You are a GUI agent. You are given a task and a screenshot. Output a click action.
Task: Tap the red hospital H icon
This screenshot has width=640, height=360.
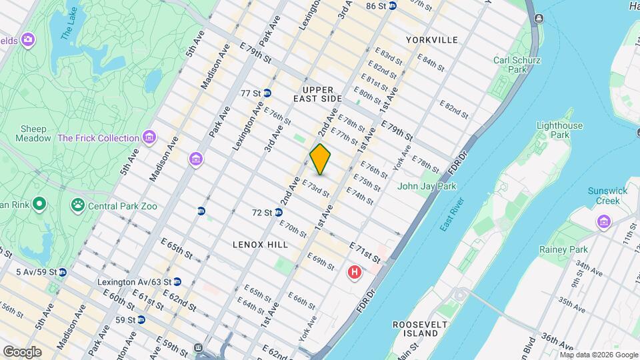[355, 272]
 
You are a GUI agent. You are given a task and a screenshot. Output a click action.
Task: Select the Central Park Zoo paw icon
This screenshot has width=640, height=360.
[79, 205]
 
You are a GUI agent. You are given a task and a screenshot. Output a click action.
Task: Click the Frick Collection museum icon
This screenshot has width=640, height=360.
[149, 138]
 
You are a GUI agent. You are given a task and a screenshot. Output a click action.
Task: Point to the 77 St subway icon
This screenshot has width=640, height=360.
[267, 93]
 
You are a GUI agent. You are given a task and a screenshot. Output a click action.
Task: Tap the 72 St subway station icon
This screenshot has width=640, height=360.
[277, 213]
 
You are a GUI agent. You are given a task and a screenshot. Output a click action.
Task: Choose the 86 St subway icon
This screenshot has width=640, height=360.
[393, 6]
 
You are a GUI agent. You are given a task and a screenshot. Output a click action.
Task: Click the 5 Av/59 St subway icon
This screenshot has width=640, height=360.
[62, 272]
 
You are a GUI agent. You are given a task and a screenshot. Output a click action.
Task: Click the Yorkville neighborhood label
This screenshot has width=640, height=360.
[432, 40]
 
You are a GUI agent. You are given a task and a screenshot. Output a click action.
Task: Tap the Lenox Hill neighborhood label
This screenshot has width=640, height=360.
[261, 245]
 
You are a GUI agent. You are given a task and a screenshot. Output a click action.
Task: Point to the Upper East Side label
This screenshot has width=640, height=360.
[317, 93]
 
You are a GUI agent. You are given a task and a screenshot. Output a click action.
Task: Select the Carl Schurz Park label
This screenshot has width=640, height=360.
[517, 65]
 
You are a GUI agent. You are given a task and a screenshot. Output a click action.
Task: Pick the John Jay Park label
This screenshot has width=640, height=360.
[427, 187]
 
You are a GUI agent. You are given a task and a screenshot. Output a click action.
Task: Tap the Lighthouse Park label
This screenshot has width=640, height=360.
[559, 130]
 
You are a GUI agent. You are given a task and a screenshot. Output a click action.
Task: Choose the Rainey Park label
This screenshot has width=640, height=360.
[563, 249]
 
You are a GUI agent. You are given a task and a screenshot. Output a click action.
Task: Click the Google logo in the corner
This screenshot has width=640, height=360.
[22, 351]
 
